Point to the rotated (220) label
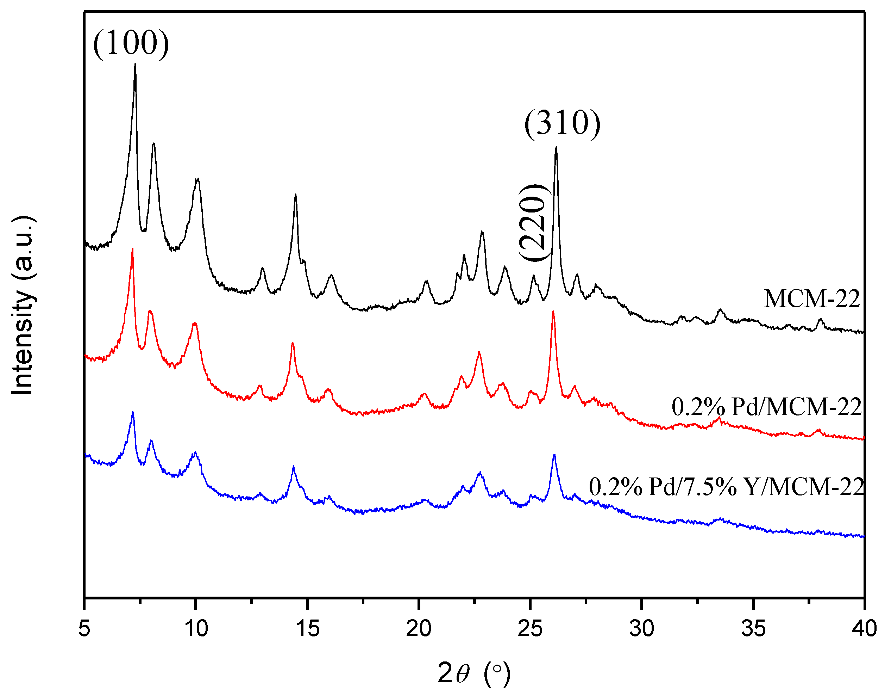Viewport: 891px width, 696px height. click(533, 223)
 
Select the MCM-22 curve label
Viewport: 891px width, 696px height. click(811, 298)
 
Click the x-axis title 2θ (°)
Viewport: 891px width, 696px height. click(473, 673)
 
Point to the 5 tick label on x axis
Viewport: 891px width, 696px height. click(84, 628)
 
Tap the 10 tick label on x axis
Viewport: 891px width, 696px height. click(196, 628)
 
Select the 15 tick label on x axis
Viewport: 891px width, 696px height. click(308, 628)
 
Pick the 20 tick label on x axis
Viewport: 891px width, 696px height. click(419, 628)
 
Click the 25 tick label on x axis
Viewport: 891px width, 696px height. click(530, 628)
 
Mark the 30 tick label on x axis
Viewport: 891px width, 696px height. click(642, 628)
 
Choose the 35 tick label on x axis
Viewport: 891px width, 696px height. click(753, 628)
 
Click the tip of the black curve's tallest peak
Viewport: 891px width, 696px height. click(135, 64)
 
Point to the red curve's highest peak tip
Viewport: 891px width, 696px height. click(132, 248)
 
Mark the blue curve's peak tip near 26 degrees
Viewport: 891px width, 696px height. click(554, 455)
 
